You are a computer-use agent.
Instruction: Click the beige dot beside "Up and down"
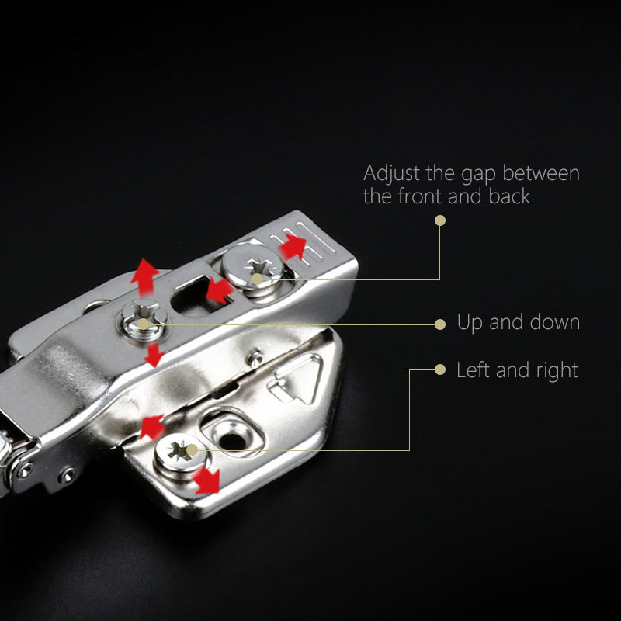(x=440, y=324)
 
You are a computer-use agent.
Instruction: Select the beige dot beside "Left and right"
(x=440, y=369)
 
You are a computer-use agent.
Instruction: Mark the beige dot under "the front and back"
(x=440, y=220)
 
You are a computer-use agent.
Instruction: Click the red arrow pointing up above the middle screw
(x=144, y=277)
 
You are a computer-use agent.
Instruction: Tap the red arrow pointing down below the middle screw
(x=154, y=355)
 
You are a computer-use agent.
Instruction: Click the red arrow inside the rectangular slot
(x=219, y=290)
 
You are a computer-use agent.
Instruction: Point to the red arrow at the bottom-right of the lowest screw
(x=206, y=480)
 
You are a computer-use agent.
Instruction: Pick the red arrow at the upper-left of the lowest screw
(x=152, y=426)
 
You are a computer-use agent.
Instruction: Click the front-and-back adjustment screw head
(x=252, y=265)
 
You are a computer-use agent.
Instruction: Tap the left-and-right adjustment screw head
(x=181, y=453)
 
